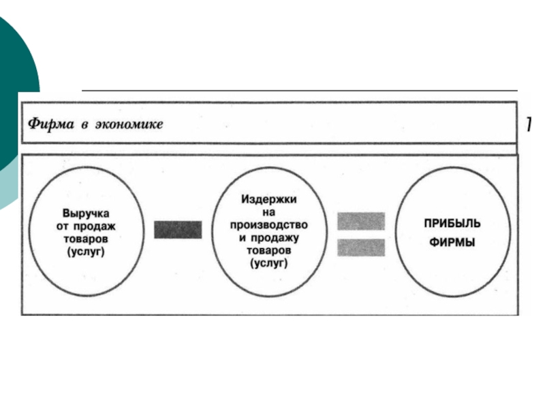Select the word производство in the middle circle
268,224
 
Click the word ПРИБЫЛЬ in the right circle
452,223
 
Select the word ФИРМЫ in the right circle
452,242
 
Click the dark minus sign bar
177,229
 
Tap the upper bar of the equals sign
361,221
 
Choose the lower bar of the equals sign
361,248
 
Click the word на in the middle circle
268,211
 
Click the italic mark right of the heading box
528,124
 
